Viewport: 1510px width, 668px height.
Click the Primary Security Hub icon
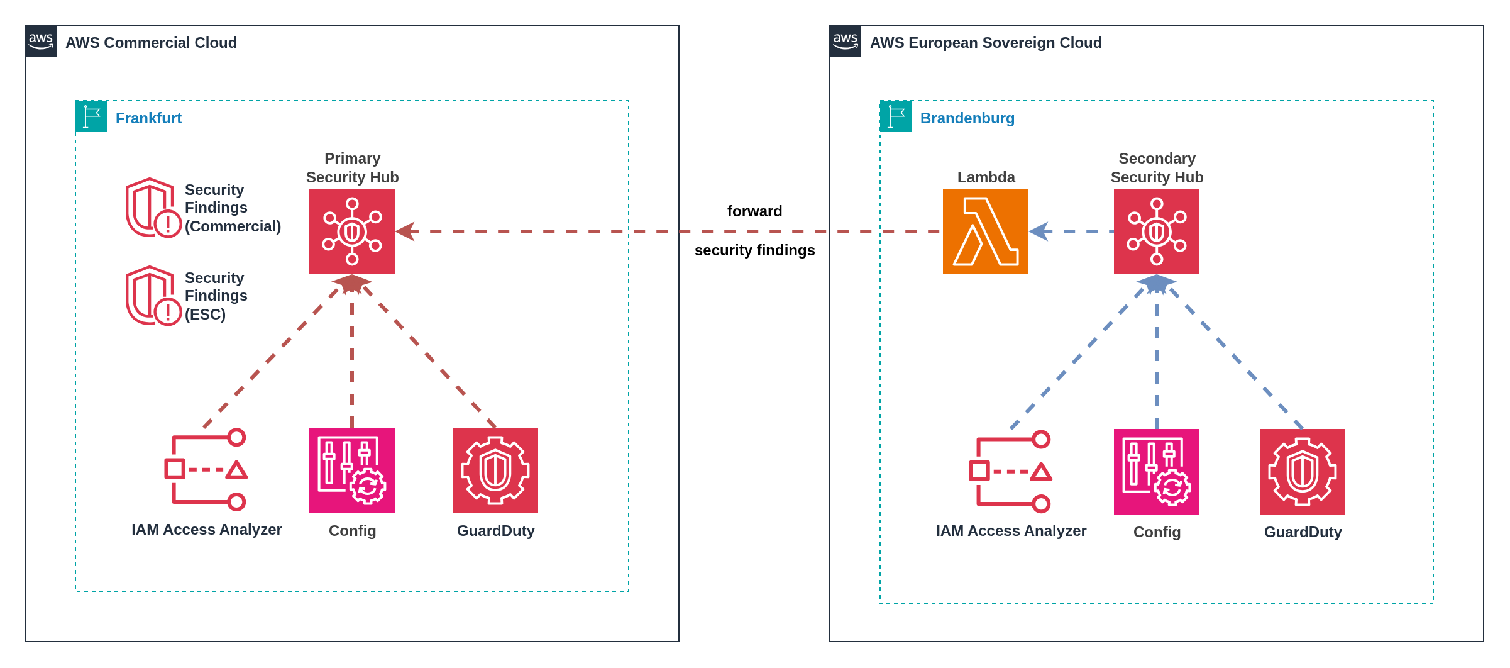[x=352, y=231]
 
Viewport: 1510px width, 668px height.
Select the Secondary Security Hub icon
[x=1156, y=231]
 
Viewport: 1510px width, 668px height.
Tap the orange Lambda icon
[x=985, y=231]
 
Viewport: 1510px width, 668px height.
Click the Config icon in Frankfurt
[x=352, y=470]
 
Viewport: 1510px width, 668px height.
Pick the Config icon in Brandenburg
[x=1156, y=472]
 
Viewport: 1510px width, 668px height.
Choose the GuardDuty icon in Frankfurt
[x=495, y=470]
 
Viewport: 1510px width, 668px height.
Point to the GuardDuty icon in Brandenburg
[x=1302, y=472]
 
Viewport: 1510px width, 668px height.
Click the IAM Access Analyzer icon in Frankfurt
[x=206, y=470]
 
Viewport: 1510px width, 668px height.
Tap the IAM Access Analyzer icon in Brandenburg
[x=1010, y=472]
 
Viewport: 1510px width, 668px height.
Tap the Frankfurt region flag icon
[x=91, y=116]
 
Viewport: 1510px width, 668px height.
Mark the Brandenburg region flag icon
[x=896, y=116]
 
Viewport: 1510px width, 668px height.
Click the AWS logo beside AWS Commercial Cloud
[x=41, y=41]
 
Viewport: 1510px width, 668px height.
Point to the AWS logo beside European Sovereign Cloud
[x=846, y=41]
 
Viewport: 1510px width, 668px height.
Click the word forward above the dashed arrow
[x=754, y=211]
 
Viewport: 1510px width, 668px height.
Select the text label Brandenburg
[x=967, y=118]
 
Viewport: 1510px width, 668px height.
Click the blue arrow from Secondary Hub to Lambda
[x=1071, y=231]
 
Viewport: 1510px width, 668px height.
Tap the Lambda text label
[x=986, y=177]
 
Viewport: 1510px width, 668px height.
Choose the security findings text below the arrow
[x=754, y=250]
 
